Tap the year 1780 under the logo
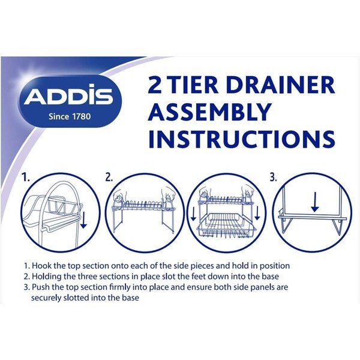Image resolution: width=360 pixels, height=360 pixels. (82, 116)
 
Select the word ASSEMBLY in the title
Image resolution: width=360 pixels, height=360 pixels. (209, 112)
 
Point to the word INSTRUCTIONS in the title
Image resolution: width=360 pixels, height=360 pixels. (242, 139)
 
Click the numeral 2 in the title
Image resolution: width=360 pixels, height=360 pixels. (155, 85)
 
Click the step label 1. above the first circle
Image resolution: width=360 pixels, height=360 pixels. (26, 177)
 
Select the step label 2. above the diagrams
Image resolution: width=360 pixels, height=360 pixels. (109, 177)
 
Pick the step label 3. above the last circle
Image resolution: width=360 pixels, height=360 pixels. (273, 177)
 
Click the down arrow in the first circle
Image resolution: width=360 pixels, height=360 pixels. (83, 220)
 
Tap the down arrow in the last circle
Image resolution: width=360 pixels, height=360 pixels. (315, 202)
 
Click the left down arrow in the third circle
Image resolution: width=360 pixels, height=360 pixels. (194, 214)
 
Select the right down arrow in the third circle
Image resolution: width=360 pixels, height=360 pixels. (257, 214)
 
